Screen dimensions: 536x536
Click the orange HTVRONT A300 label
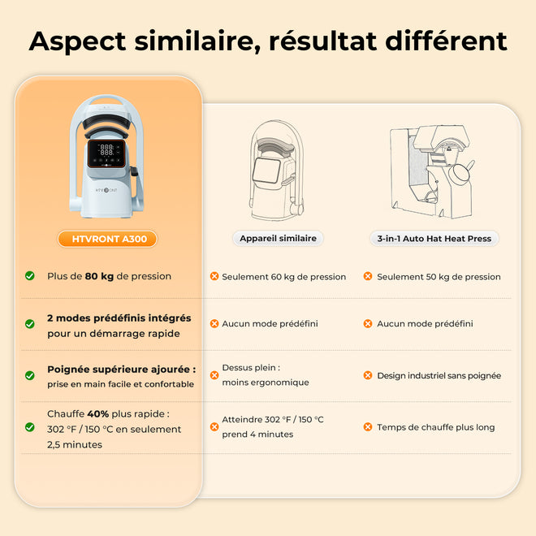(107, 239)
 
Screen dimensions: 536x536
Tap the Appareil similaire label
(278, 238)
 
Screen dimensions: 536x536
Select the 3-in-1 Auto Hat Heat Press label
(434, 239)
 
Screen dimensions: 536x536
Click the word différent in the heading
(446, 41)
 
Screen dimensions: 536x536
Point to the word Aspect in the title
(78, 42)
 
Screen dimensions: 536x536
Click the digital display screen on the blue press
(106, 153)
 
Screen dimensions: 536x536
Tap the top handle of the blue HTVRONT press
(106, 102)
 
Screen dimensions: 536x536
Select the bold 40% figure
(98, 413)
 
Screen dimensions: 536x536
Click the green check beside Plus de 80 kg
(30, 275)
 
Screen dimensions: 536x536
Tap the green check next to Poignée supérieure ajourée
(30, 375)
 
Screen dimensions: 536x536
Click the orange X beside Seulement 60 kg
(214, 276)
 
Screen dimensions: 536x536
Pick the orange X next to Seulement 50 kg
(368, 276)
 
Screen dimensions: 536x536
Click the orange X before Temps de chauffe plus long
(368, 426)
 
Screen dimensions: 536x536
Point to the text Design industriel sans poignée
(439, 376)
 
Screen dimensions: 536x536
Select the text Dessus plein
(249, 367)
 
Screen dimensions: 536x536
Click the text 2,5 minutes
(75, 445)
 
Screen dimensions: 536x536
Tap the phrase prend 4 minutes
(257, 434)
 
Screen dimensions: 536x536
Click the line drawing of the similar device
(276, 171)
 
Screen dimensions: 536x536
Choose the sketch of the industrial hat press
(432, 171)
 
